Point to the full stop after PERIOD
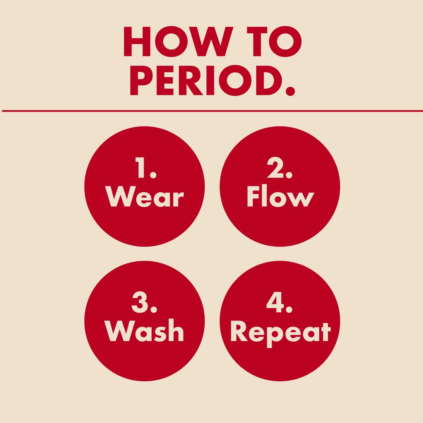290,91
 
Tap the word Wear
145,198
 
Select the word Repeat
280,333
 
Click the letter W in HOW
210,42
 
